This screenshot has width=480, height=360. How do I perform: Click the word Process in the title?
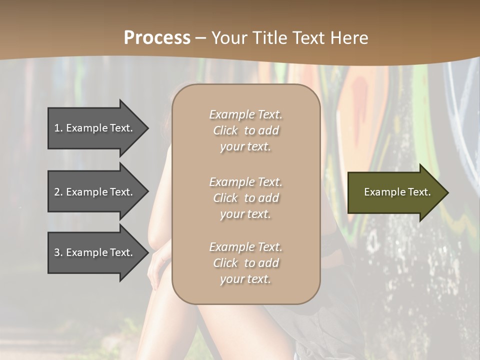point(157,38)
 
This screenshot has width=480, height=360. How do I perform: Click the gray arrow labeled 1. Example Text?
point(95,128)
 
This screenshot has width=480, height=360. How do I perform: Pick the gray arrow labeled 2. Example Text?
point(95,192)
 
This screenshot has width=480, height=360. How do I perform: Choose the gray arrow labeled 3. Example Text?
point(95,253)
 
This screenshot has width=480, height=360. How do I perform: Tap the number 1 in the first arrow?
point(57,128)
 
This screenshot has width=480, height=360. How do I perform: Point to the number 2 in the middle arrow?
point(57,192)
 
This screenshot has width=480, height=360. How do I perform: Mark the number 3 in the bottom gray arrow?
point(57,253)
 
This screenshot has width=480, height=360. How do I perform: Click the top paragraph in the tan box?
point(245,130)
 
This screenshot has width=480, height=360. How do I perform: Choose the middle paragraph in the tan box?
point(245,197)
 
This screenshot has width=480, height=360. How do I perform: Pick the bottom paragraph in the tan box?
point(245,263)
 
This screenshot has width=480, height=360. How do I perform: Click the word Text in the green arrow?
point(419,192)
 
